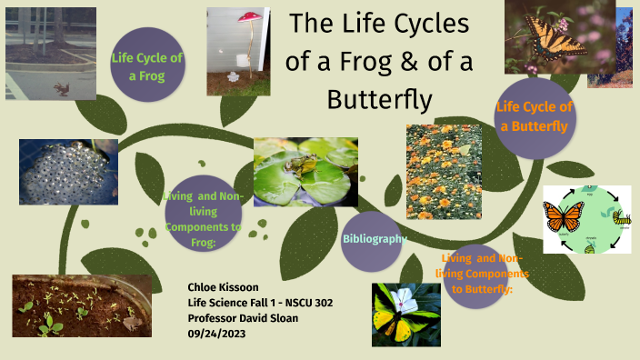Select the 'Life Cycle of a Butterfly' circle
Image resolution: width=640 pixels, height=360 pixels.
(535, 117)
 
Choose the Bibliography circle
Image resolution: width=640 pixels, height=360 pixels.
(374, 238)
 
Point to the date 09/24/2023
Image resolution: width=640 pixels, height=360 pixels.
(216, 334)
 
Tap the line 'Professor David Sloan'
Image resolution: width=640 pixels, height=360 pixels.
(250, 318)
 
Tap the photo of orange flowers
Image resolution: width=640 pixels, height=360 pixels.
(444, 172)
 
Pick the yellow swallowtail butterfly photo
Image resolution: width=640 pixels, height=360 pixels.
(557, 37)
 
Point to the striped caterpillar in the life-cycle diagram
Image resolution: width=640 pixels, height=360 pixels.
(622, 219)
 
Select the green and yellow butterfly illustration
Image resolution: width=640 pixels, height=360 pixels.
(405, 313)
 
